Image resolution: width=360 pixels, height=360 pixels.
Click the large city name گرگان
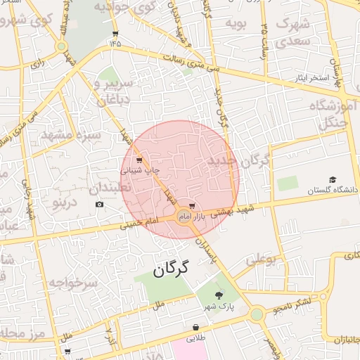coord(171,269)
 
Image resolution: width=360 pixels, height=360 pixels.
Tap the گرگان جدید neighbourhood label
coord(239,162)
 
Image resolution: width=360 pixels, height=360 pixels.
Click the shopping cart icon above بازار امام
coord(193,207)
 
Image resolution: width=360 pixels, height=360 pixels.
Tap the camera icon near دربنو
coord(99,204)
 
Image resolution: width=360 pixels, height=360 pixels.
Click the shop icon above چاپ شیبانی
coord(139,160)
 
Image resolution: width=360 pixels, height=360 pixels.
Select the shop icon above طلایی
coord(195,327)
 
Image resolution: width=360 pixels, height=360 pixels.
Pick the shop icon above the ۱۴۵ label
coord(115,33)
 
